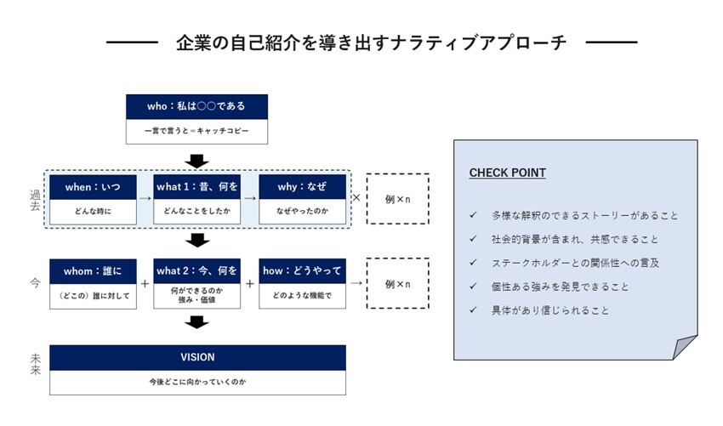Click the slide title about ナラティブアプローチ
[x=371, y=43]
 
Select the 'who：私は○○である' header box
[x=196, y=106]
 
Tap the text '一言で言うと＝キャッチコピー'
[x=196, y=132]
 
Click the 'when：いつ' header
[x=93, y=186]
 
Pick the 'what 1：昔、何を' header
[x=196, y=186]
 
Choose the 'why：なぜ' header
[x=303, y=186]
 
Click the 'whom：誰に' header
[x=93, y=270]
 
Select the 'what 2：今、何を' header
[x=196, y=270]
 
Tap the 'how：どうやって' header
[x=303, y=270]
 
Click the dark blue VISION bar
[x=197, y=357]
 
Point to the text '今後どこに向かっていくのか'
[x=197, y=383]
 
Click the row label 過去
[x=35, y=201]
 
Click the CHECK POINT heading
[x=507, y=173]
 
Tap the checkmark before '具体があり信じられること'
[x=473, y=310]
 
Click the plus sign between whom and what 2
[x=145, y=283]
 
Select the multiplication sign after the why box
[x=356, y=197]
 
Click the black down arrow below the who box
[x=197, y=161]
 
